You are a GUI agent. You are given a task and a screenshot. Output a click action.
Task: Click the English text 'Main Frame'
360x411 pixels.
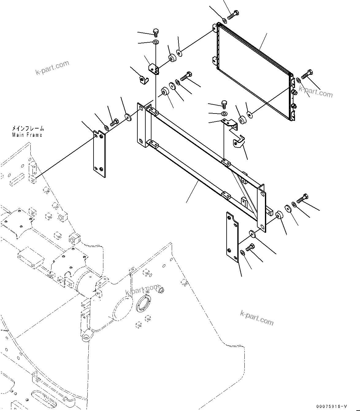pyautogui.click(x=27, y=135)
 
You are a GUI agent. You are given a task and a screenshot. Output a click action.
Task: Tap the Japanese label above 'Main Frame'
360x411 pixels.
pyautogui.click(x=28, y=129)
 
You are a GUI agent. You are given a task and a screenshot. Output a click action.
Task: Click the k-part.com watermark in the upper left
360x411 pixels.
pyautogui.click(x=52, y=68)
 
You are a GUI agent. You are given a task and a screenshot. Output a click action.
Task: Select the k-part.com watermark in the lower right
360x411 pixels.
pyautogui.click(x=257, y=317)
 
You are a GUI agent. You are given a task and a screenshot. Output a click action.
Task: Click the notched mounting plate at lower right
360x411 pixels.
pyautogui.click(x=232, y=238)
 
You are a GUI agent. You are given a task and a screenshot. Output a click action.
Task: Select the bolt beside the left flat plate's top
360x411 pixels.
pyautogui.click(x=114, y=122)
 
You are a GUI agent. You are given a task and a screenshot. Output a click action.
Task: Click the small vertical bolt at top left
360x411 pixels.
pyautogui.click(x=156, y=31)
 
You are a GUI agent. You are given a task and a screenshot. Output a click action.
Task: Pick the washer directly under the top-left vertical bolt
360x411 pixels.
pyautogui.click(x=156, y=42)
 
